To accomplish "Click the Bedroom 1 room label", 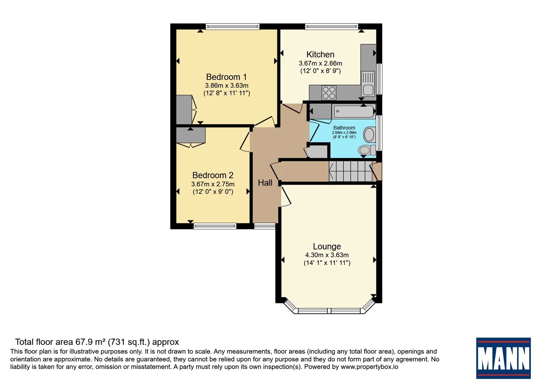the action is (226, 77).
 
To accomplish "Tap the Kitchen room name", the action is (320, 54).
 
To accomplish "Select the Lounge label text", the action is (327, 246).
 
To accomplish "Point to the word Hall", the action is (265, 183).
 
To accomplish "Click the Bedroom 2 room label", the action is (213, 175).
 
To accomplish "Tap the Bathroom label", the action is (344, 128).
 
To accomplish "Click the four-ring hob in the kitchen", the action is (329, 93).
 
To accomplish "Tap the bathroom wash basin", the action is (369, 134).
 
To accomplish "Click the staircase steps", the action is (350, 171).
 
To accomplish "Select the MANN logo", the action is (503, 358).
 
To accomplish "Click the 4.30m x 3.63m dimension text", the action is (327, 255).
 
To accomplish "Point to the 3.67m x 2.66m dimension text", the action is (320, 64).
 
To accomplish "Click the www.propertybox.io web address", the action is (369, 367).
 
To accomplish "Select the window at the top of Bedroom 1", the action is (233, 27).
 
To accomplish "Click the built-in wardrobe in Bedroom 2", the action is (191, 135).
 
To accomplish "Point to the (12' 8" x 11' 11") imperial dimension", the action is (227, 93).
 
